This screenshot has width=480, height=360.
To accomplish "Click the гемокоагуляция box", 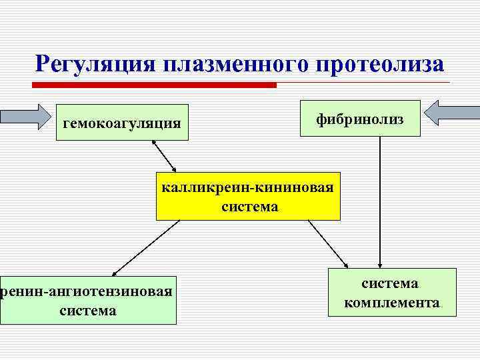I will (122, 122).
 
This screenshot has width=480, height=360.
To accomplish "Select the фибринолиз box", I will (360, 118).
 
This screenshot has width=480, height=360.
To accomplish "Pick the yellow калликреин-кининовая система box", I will (248, 196).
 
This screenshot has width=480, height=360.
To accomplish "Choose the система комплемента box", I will (392, 292).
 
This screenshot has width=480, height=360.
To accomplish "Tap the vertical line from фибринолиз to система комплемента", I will (379, 200).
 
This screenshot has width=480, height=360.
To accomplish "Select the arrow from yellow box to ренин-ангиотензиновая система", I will (147, 247).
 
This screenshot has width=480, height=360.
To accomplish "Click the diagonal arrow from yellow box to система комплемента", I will (329, 243).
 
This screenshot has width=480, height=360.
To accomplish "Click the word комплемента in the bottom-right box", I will (392, 303).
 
